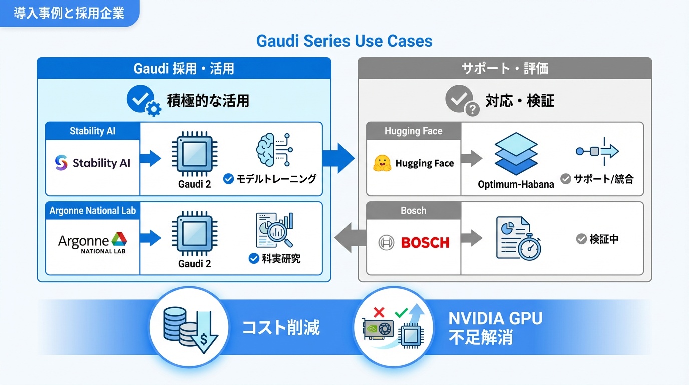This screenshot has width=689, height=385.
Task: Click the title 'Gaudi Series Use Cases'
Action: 344,41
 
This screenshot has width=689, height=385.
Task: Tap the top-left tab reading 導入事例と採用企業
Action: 69,13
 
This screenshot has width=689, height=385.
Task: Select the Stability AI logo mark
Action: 61,163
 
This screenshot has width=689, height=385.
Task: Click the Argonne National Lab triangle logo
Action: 119,239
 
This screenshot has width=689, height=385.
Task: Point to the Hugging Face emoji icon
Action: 382,163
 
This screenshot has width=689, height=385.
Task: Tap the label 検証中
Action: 604,239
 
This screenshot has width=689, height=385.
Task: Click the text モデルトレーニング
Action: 276,179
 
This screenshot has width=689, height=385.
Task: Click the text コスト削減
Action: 281,328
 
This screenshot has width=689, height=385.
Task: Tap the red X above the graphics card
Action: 379,313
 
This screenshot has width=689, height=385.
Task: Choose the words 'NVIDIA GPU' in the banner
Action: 495,318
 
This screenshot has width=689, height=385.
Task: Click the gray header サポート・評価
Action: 505,68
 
